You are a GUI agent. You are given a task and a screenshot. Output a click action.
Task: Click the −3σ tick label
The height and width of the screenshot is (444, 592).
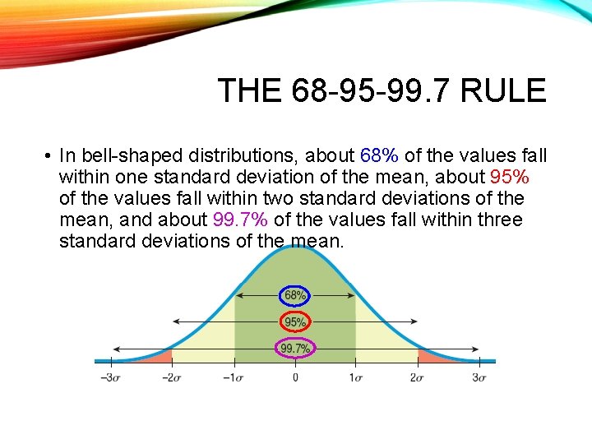click(x=110, y=377)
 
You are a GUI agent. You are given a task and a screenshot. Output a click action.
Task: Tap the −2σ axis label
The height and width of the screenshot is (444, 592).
click(x=171, y=377)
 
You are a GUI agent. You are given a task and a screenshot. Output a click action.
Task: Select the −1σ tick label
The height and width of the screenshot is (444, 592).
click(x=233, y=377)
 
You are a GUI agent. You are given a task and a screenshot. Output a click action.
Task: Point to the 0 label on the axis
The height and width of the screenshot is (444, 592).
click(x=295, y=377)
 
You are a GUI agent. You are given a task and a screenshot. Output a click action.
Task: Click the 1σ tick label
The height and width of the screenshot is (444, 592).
click(x=355, y=377)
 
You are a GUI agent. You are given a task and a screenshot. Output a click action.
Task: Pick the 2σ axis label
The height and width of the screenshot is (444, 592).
click(x=417, y=377)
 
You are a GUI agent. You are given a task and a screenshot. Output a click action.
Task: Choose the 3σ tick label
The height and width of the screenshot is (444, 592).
click(x=479, y=377)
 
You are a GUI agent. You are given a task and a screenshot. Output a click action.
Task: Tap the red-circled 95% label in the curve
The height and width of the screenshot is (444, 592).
click(x=295, y=322)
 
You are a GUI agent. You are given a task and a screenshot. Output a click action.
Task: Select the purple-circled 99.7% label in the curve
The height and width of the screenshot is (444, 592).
click(x=295, y=349)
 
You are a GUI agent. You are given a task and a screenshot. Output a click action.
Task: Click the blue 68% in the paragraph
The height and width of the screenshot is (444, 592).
click(x=378, y=155)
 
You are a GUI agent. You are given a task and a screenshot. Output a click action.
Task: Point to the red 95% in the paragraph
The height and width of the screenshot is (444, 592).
click(x=510, y=177)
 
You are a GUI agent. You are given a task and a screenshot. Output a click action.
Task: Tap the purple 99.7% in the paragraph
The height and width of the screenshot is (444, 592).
click(x=240, y=220)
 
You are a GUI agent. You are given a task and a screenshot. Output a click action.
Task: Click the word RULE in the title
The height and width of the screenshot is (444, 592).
click(x=504, y=90)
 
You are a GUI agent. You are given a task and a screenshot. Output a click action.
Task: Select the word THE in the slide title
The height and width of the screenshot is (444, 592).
click(x=250, y=90)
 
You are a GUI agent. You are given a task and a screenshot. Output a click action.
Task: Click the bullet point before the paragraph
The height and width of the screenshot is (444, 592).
click(x=49, y=156)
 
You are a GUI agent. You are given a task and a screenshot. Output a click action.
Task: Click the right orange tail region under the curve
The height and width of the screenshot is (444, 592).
click(x=431, y=355)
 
